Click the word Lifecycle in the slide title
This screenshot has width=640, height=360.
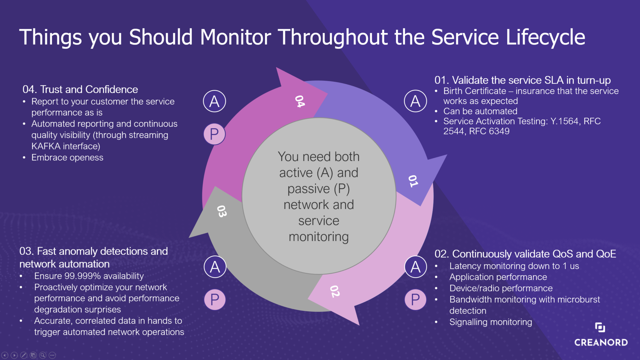pyautogui.click(x=545, y=37)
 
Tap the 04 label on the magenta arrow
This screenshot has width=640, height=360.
pyautogui.click(x=300, y=101)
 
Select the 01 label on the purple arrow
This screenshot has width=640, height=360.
pyautogui.click(x=413, y=181)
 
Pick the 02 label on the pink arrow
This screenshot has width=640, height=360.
pyautogui.click(x=335, y=291)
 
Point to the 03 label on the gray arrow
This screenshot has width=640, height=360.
pyautogui.click(x=222, y=211)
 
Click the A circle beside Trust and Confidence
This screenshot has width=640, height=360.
pyautogui.click(x=214, y=101)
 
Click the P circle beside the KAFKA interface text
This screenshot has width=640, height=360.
pyautogui.click(x=214, y=134)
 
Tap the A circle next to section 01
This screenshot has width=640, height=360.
pyautogui.click(x=415, y=101)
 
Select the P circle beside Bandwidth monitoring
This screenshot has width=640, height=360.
pyautogui.click(x=415, y=300)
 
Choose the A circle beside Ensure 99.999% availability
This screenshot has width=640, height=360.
pyautogui.click(x=215, y=267)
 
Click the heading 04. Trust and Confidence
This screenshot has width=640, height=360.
pyautogui.click(x=80, y=89)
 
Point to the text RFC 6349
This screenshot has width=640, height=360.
pyautogui.click(x=489, y=131)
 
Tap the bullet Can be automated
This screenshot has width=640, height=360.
pyautogui.click(x=480, y=111)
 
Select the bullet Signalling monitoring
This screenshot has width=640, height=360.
pyautogui.click(x=490, y=322)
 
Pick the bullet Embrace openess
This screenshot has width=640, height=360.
pyautogui.click(x=67, y=158)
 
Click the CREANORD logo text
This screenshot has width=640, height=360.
pyautogui.click(x=601, y=342)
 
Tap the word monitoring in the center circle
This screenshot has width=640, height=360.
pyautogui.click(x=319, y=237)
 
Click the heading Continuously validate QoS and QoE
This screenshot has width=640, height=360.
pyautogui.click(x=533, y=254)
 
